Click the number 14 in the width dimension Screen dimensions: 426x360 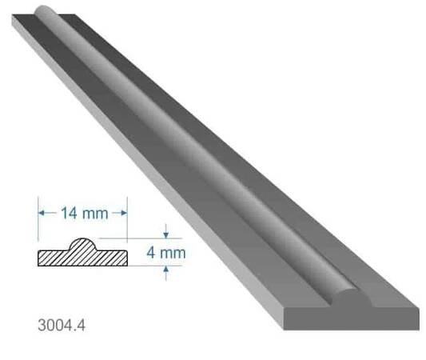pyautogui.click(x=69, y=213)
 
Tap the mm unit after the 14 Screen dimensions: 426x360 pyautogui.click(x=95, y=214)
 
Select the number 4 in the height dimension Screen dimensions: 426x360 pyautogui.click(x=151, y=253)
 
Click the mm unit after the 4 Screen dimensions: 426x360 pyautogui.click(x=173, y=254)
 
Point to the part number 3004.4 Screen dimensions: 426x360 pyautogui.click(x=62, y=325)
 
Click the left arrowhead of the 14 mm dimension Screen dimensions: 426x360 pyautogui.click(x=42, y=213)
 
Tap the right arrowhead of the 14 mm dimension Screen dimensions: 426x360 pyautogui.click(x=124, y=213)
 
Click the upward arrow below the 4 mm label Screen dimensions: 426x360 pyautogui.click(x=166, y=273)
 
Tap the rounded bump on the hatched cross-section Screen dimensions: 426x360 pyautogui.click(x=82, y=245)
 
